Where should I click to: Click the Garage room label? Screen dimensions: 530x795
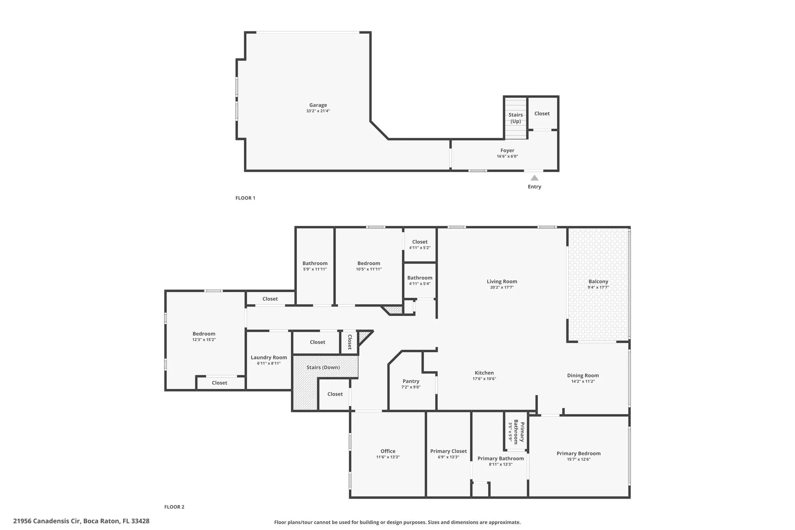click(x=318, y=105)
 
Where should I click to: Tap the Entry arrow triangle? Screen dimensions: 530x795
click(x=535, y=178)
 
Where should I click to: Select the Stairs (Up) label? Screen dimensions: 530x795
click(x=516, y=118)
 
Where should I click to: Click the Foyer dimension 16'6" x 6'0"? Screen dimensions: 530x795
click(x=507, y=156)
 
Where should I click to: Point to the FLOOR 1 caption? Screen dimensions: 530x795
click(x=245, y=198)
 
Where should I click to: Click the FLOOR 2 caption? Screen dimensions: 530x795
click(x=174, y=507)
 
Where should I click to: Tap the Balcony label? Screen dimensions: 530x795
click(x=598, y=282)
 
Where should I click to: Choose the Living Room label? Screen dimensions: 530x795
click(x=502, y=282)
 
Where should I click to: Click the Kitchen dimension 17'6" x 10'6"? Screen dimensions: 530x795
click(x=484, y=379)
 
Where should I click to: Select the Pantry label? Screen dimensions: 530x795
click(x=411, y=381)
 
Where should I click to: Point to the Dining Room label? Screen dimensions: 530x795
click(x=583, y=375)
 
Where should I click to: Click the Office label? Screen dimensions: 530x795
click(x=388, y=451)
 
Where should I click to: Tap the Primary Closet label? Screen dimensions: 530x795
click(x=448, y=451)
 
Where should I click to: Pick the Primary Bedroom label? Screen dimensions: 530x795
click(x=578, y=454)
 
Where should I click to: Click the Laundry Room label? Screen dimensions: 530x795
click(x=269, y=357)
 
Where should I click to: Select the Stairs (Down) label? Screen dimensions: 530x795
click(x=323, y=367)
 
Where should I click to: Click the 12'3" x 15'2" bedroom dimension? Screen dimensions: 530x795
click(x=204, y=340)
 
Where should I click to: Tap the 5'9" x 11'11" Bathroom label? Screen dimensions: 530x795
click(x=315, y=263)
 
